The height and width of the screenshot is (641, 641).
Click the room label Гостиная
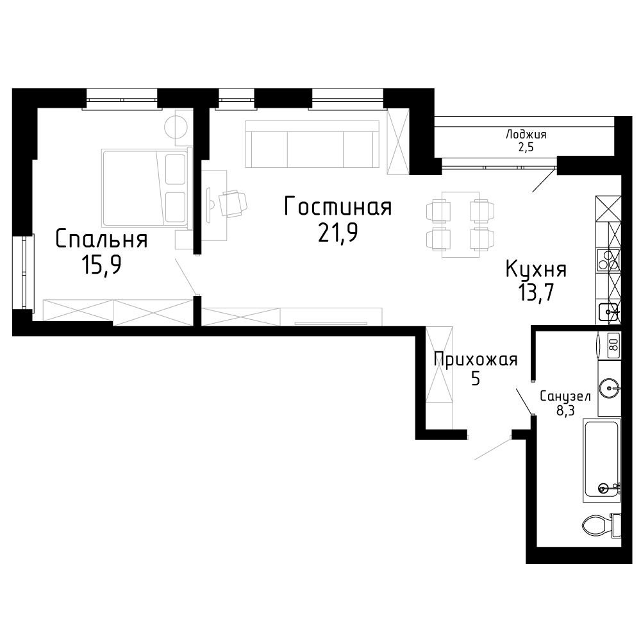(x=338, y=206)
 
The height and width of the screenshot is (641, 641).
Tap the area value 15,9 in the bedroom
(x=101, y=265)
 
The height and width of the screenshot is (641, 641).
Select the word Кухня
(x=536, y=270)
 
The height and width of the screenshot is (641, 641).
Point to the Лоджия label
(x=526, y=135)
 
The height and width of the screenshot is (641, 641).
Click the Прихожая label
(x=476, y=360)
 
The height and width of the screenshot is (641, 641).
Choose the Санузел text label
(x=565, y=396)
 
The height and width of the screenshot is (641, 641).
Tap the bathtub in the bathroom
(x=602, y=460)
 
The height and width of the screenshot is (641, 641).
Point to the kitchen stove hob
(x=609, y=260)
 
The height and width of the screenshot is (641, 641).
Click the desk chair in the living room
(x=233, y=203)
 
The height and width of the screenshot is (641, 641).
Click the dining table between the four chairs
(x=461, y=224)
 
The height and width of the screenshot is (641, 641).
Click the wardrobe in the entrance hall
(x=440, y=378)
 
